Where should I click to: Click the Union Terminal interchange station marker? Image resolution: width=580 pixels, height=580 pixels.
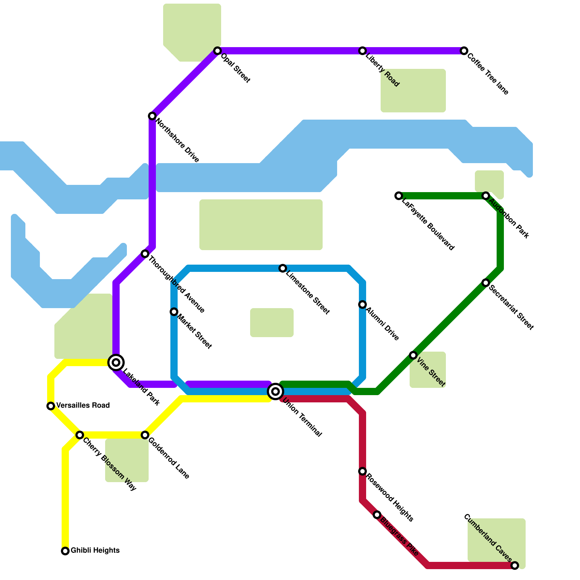(275, 391)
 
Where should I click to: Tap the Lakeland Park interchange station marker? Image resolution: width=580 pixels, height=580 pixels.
(116, 362)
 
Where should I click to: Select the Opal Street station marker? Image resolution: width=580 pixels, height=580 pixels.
(217, 51)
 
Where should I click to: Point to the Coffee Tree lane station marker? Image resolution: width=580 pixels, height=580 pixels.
(464, 51)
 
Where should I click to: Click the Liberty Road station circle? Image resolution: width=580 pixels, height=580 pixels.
(362, 51)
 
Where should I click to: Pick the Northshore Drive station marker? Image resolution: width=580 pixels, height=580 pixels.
(152, 116)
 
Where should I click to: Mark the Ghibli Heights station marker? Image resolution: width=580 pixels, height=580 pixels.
(65, 551)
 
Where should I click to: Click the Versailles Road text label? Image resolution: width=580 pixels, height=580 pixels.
(83, 405)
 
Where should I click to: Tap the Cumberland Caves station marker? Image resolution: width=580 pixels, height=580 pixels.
(515, 565)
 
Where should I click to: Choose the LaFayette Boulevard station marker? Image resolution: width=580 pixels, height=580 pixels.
(399, 196)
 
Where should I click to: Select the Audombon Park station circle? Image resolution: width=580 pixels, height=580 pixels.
(486, 196)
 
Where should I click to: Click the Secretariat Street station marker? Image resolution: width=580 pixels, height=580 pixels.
(486, 283)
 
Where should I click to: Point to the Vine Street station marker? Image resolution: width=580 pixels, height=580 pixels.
(413, 355)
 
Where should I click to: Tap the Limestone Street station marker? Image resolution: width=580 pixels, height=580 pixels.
(283, 268)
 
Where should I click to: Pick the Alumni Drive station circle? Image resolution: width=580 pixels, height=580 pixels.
(362, 304)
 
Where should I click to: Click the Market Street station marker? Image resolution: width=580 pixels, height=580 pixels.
(174, 312)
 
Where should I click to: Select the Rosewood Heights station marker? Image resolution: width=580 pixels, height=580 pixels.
(362, 471)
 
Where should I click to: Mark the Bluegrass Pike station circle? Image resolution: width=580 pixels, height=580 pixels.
(377, 515)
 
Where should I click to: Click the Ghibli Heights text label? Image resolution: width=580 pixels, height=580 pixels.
(95, 551)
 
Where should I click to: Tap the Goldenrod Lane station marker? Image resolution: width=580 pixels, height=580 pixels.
(145, 435)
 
